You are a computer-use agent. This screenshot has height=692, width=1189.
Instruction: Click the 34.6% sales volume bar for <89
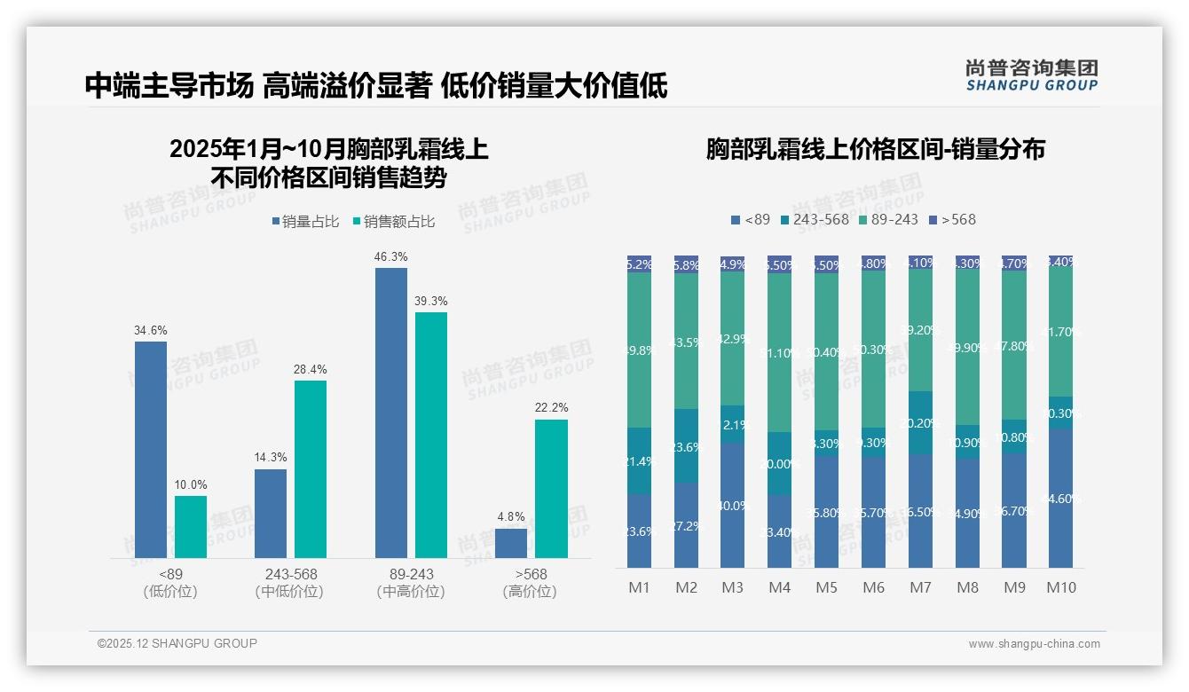pos(151,450)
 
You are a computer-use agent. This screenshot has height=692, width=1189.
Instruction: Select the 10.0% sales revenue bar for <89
pos(191,527)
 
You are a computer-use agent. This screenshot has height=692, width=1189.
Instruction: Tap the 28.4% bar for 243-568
pos(311,469)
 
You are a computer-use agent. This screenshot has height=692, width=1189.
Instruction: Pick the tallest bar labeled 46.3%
pos(391,413)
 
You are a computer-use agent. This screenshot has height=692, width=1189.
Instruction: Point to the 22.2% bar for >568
pos(551,489)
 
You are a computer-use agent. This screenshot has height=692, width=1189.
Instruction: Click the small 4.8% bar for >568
pos(511,543)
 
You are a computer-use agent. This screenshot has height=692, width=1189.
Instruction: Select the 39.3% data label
pos(431,302)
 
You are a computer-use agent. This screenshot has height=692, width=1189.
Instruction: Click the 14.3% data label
pos(271,458)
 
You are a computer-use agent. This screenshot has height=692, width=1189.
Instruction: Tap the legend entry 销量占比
pos(305,222)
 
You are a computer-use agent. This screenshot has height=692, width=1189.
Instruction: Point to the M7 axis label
pos(920,587)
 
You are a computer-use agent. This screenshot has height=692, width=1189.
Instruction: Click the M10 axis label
pos(1060,587)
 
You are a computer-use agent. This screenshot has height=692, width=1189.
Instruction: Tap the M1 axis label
pos(639,587)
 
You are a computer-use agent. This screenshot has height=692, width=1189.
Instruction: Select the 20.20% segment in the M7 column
pos(920,423)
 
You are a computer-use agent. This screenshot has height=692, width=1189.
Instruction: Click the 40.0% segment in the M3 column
pos(733,506)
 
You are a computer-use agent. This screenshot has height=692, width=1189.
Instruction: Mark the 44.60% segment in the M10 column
pos(1060,499)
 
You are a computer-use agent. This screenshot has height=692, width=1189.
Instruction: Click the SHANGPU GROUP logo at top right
pos(1031,75)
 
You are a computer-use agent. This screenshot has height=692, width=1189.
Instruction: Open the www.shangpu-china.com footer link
pos(1034,644)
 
